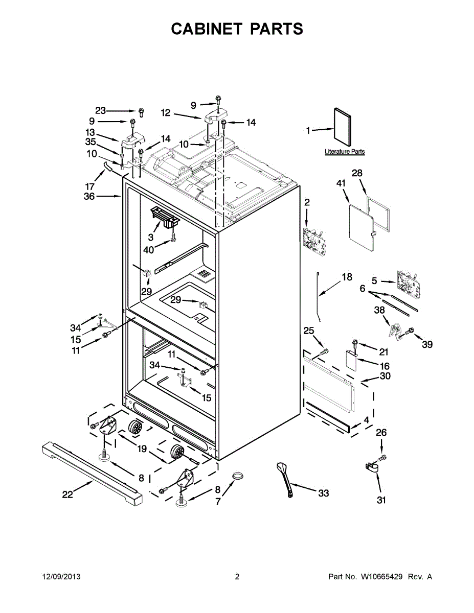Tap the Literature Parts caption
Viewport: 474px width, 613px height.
tap(345, 152)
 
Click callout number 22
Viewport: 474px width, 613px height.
tap(67, 494)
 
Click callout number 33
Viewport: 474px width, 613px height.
tap(323, 493)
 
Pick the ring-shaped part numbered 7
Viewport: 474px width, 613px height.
tap(237, 477)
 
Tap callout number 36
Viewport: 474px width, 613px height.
tap(89, 196)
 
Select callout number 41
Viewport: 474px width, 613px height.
tap(341, 183)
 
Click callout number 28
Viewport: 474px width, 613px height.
tap(357, 173)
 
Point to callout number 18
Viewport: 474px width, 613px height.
tap(347, 277)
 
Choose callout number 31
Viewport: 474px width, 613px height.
tap(381, 500)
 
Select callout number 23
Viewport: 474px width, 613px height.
tap(100, 110)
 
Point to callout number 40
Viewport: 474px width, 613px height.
tap(149, 250)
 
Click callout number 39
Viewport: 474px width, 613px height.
tap(427, 344)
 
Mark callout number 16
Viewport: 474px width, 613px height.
tap(385, 366)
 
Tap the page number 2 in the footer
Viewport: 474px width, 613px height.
tap(237, 577)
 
